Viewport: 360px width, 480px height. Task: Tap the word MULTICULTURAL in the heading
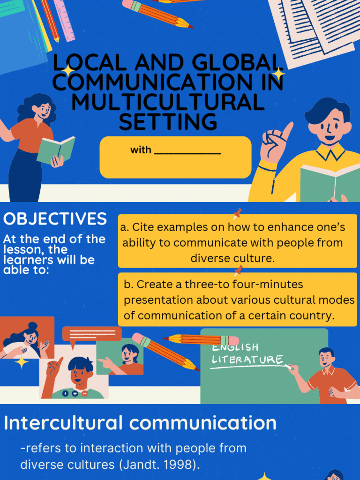(x=168, y=102)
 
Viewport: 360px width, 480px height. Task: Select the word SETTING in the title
(x=168, y=122)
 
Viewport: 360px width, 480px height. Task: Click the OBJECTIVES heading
(x=55, y=219)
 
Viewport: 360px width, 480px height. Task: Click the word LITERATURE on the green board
(x=247, y=360)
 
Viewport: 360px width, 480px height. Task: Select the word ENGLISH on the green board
(x=235, y=347)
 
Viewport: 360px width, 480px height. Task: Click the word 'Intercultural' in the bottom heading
(x=63, y=423)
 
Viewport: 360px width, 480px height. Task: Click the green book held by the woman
(x=56, y=150)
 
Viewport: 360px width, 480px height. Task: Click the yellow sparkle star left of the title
(x=68, y=70)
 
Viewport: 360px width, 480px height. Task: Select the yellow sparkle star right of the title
(x=279, y=74)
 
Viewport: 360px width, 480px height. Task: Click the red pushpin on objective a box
(x=237, y=214)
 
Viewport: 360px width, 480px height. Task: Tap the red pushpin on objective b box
(x=239, y=270)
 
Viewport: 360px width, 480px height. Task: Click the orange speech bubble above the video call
(x=91, y=334)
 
